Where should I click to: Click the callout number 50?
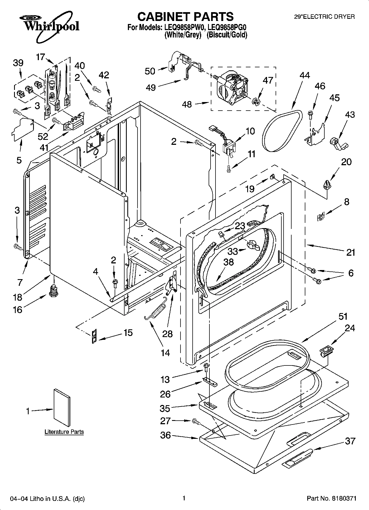pyautogui.click(x=150, y=71)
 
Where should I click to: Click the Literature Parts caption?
pyautogui.click(x=64, y=432)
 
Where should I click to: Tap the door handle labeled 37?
pyautogui.click(x=298, y=457)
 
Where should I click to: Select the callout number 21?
pyautogui.click(x=351, y=252)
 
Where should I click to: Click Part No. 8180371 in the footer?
pyautogui.click(x=332, y=498)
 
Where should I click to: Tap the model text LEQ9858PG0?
pyautogui.click(x=227, y=28)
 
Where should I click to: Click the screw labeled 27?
pyautogui.click(x=196, y=421)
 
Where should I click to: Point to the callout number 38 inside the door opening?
pyautogui.click(x=228, y=262)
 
